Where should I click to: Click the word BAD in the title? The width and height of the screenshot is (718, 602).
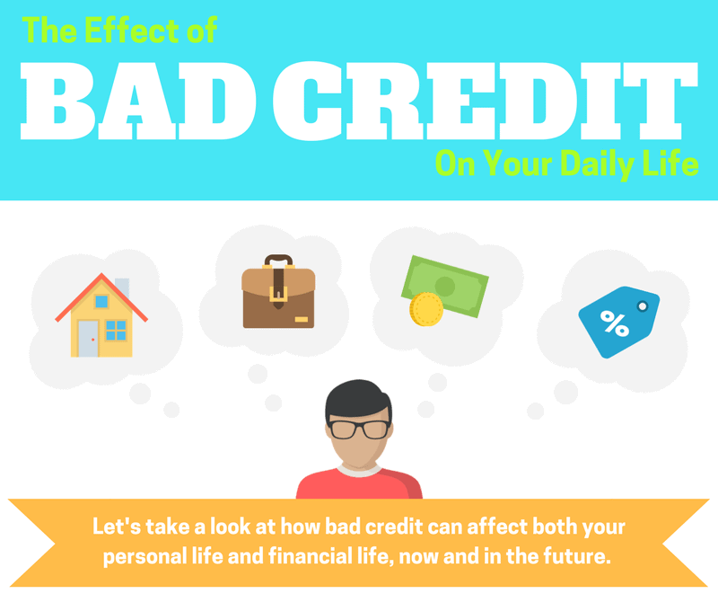coord(138,101)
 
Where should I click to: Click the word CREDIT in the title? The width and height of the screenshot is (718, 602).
coord(486,101)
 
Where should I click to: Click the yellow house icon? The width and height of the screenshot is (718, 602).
coord(101,315)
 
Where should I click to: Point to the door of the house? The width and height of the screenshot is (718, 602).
coord(87,339)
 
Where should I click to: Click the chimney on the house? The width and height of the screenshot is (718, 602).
coord(122,287)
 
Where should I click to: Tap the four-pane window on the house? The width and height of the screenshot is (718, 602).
coord(116,330)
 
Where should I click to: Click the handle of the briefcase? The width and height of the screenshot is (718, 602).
coord(278,259)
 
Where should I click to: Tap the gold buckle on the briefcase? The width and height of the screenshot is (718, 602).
coord(278,294)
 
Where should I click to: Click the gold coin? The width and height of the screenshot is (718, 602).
coord(426,309)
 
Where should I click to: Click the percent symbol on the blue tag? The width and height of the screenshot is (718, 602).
coord(614,323)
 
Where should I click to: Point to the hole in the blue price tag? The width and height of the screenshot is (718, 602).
coord(643,305)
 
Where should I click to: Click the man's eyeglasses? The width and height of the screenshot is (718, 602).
coord(360,429)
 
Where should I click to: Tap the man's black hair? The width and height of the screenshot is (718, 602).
coord(358,399)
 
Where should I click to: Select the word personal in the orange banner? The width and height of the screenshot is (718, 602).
coord(145,556)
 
